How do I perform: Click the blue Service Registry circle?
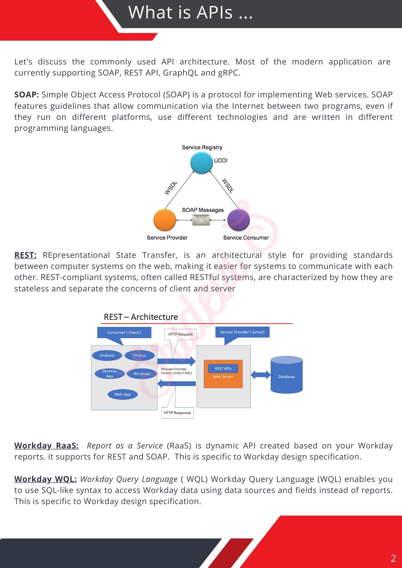tap(202, 163)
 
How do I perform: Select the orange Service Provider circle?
tap(165, 220)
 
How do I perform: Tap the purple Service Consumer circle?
tap(239, 220)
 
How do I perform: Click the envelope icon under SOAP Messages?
tap(201, 220)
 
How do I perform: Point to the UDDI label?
tap(221, 160)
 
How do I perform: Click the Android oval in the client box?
tap(107, 355)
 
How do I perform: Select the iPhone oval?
tap(139, 355)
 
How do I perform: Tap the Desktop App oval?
tap(109, 373)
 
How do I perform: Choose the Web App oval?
tap(123, 394)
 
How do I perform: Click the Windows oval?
tap(142, 374)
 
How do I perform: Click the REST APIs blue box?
tap(223, 368)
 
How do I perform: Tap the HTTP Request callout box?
tap(180, 334)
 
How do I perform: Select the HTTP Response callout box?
tap(177, 413)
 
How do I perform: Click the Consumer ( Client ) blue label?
tap(124, 332)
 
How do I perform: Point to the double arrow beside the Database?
tap(261, 375)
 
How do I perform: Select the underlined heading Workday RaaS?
tap(46, 446)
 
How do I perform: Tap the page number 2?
tap(393, 558)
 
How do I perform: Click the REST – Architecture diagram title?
tap(141, 317)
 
